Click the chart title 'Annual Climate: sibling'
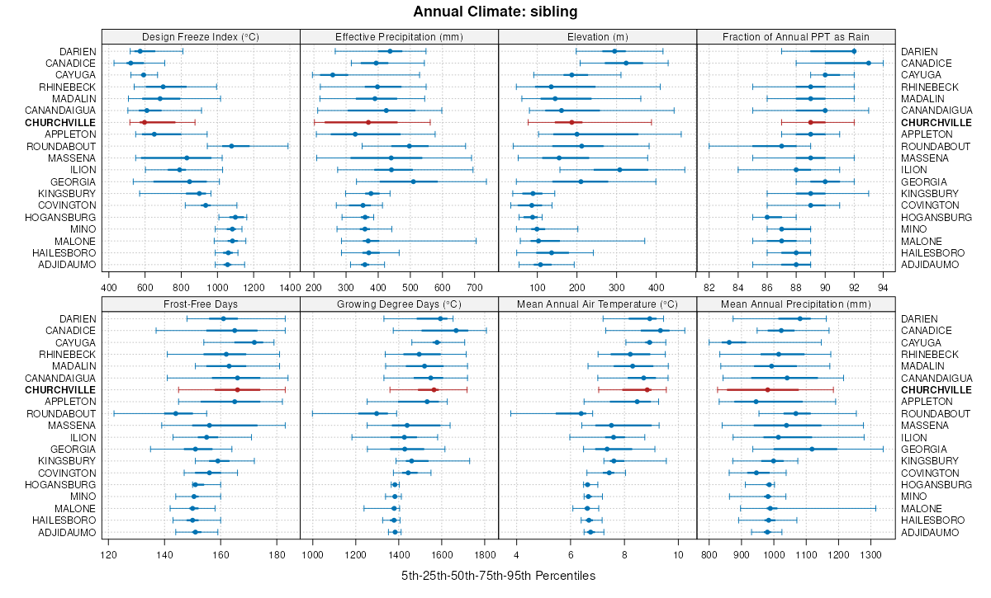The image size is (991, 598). coord(495,12)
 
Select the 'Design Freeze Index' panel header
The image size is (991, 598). coord(201,36)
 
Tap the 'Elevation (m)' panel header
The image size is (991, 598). coord(598,36)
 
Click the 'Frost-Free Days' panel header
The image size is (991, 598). coord(201,304)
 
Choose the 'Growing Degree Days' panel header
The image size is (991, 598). coord(400,304)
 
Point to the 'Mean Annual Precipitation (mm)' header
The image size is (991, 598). coord(796,304)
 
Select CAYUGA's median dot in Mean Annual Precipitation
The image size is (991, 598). coord(728,342)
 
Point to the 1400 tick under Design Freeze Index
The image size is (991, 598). coord(290,287)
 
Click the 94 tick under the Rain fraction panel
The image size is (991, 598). coord(883,287)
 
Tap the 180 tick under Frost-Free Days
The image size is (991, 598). coord(277,554)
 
